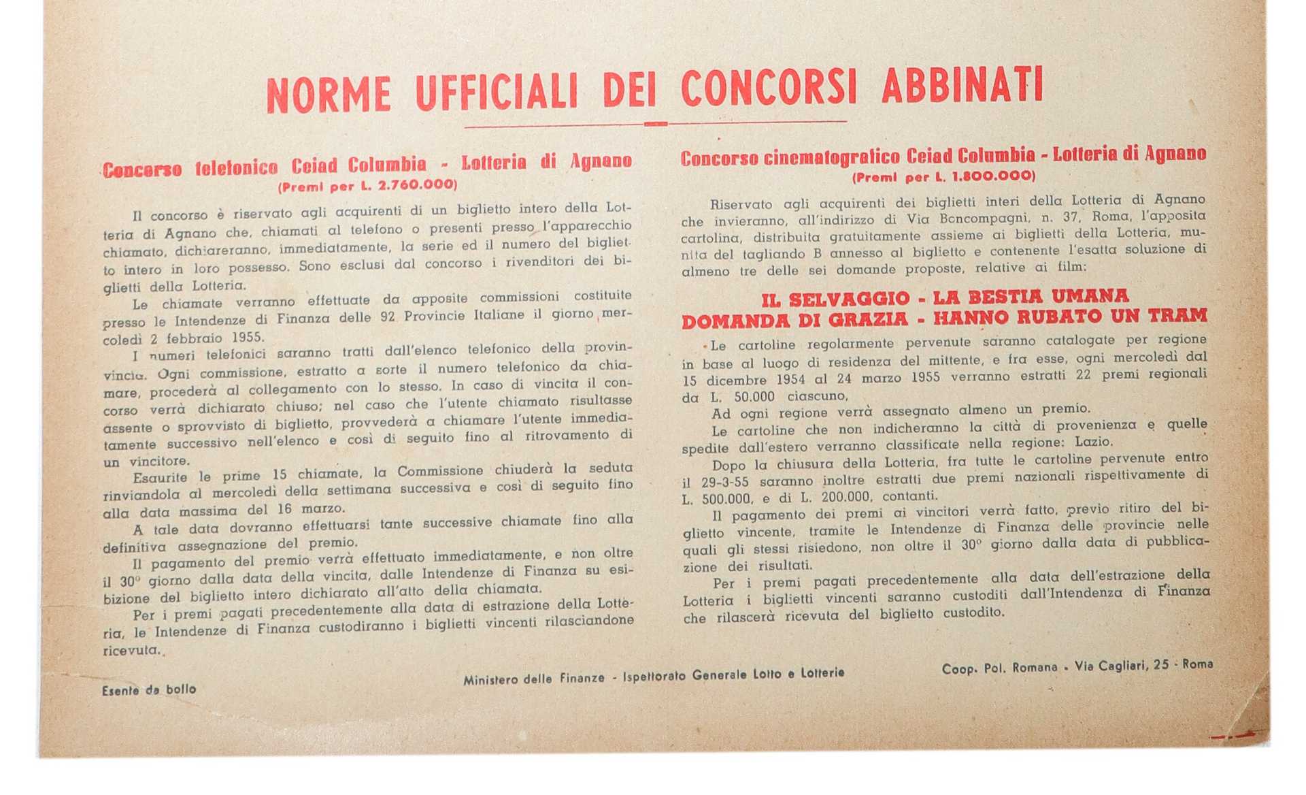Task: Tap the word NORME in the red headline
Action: point(329,95)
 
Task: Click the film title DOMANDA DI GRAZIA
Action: point(794,320)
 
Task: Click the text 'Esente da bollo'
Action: point(149,689)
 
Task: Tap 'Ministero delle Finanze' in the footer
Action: point(534,679)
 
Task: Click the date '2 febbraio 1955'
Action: point(207,338)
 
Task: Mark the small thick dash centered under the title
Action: point(656,124)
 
